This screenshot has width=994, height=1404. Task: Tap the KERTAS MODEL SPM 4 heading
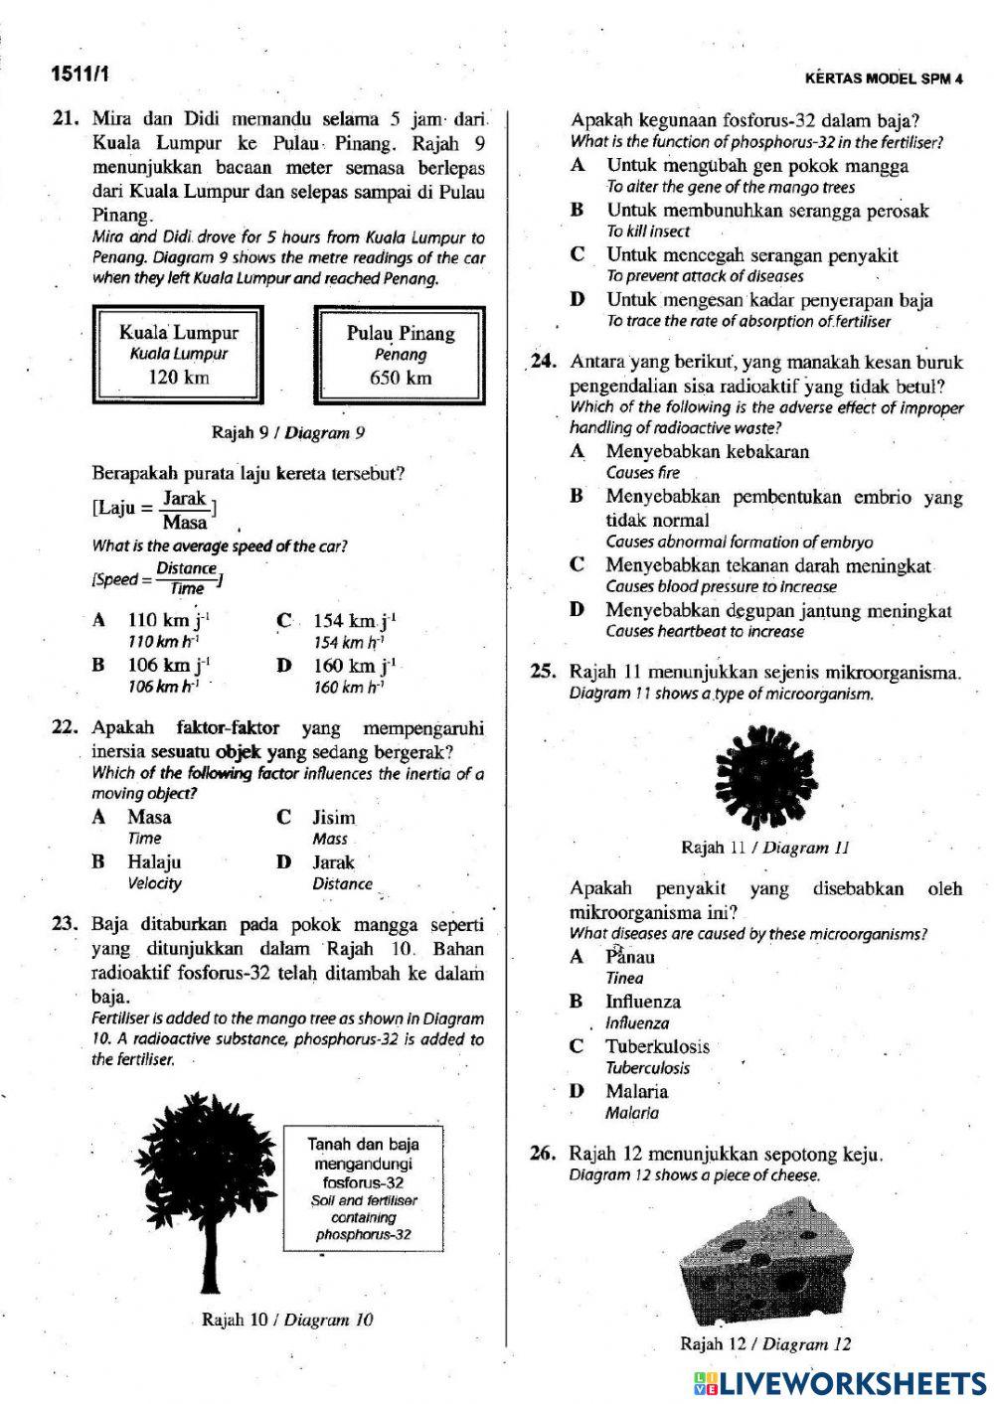point(884,79)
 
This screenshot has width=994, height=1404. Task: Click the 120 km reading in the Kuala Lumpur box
point(179,377)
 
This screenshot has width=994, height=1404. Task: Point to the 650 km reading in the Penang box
point(401,378)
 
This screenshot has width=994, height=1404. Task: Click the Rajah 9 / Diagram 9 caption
point(288,432)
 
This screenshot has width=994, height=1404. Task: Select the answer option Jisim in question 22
point(333,818)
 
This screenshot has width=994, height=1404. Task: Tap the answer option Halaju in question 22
point(154,862)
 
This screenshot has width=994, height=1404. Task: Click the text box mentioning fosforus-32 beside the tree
point(363,1188)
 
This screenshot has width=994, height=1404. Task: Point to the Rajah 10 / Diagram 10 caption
point(287,1320)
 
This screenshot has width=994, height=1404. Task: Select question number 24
point(543,363)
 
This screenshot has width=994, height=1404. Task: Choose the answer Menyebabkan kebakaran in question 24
point(707,452)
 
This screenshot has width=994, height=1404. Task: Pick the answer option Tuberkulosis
point(657,1046)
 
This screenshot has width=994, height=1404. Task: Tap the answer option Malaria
point(636,1091)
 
